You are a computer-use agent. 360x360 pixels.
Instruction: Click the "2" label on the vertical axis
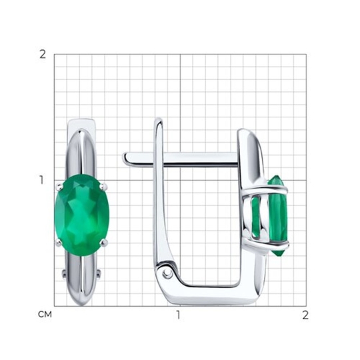coord(43,55)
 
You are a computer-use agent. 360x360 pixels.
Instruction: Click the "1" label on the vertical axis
coord(41,180)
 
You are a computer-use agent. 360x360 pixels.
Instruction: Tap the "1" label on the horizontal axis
coord(179,315)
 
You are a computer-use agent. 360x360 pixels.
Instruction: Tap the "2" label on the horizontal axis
coord(305,315)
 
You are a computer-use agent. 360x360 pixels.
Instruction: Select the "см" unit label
coord(45,314)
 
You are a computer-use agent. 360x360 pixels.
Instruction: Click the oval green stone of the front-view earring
coord(82,213)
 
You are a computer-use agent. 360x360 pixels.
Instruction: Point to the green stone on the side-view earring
coord(277,215)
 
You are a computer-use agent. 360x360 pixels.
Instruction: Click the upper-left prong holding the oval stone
coord(60,187)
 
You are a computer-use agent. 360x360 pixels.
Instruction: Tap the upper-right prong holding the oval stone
coord(104,186)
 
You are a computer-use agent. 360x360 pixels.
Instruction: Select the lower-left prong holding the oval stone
coord(59,242)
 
